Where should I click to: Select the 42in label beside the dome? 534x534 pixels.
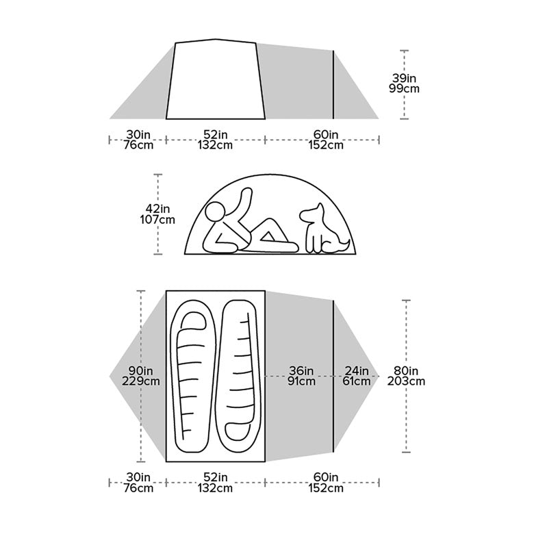157,208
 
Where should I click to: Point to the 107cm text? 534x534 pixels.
157,220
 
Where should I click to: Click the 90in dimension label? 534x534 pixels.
140,370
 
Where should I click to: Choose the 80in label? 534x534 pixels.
407,370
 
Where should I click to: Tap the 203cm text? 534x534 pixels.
407,381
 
